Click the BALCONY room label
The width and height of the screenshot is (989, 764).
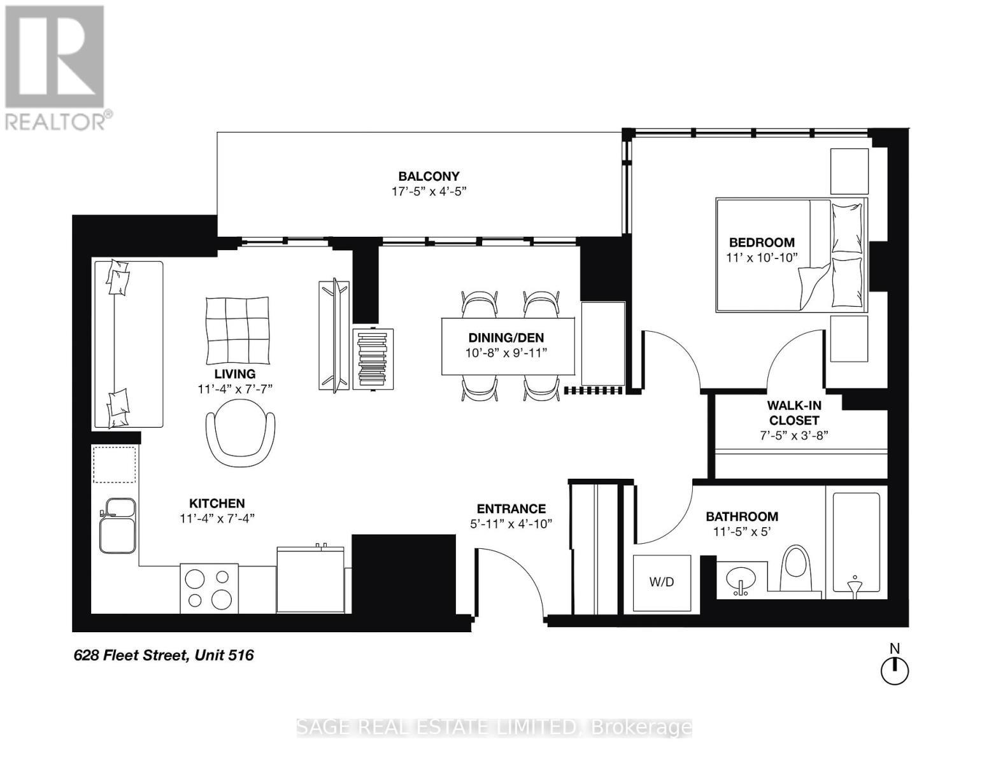pyautogui.click(x=429, y=176)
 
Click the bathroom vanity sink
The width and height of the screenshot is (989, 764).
pyautogui.click(x=740, y=580)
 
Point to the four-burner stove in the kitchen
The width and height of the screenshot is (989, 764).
pyautogui.click(x=209, y=588)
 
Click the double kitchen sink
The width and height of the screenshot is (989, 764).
pyautogui.click(x=117, y=525)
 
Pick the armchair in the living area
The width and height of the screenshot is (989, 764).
pyautogui.click(x=241, y=439)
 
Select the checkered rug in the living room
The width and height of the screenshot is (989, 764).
pyautogui.click(x=237, y=328)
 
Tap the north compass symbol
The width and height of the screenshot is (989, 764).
pyautogui.click(x=894, y=670)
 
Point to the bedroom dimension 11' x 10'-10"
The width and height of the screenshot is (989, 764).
pyautogui.click(x=762, y=257)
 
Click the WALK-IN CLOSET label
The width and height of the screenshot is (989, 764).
pyautogui.click(x=793, y=413)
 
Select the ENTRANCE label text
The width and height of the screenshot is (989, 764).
pyautogui.click(x=511, y=509)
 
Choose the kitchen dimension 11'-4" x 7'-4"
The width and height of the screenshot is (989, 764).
pyautogui.click(x=217, y=518)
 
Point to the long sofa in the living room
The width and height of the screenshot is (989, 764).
pyautogui.click(x=128, y=344)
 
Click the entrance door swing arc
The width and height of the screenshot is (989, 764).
pyautogui.click(x=516, y=576)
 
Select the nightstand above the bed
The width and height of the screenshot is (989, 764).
pyautogui.click(x=849, y=171)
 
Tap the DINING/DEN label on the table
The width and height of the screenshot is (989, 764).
pyautogui.click(x=506, y=338)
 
